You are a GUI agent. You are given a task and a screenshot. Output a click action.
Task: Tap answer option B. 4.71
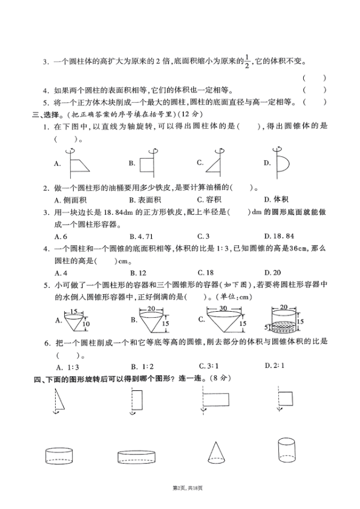[143, 236]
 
